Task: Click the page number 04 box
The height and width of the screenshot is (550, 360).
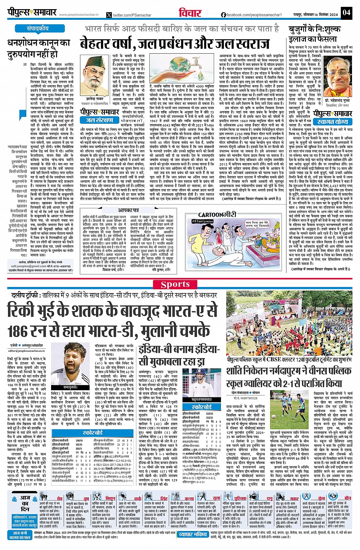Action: (x=346, y=12)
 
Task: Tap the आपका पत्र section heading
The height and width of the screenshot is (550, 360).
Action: (x=128, y=210)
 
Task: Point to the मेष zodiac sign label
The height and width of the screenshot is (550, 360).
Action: (x=59, y=498)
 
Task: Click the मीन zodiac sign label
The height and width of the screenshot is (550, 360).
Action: (x=347, y=498)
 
